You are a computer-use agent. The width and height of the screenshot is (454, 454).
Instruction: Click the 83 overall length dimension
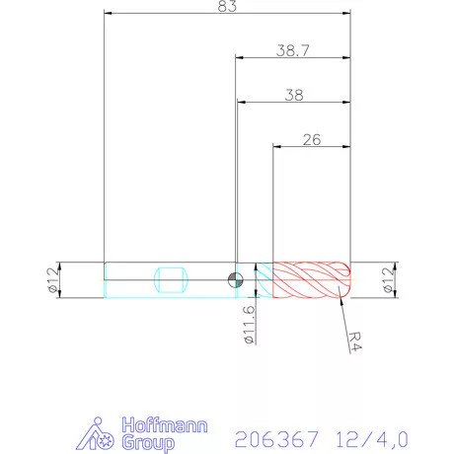[x=227, y=8]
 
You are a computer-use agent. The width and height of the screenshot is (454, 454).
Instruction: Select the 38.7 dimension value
[x=292, y=49]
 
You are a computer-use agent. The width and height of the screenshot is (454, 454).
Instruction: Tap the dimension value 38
[x=292, y=95]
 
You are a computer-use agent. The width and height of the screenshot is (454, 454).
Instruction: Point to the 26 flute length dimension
[x=312, y=139]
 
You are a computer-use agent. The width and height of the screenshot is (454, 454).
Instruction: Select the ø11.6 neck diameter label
[x=249, y=323]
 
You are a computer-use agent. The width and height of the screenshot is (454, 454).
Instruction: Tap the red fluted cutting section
[x=312, y=279]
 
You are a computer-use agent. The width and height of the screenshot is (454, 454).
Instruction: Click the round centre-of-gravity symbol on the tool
[x=233, y=279]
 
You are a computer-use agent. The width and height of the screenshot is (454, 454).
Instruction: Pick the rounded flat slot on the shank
[x=171, y=279]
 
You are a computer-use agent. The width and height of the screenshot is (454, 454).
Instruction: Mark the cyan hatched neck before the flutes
[x=264, y=279]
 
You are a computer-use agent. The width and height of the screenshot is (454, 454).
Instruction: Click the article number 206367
[x=272, y=435]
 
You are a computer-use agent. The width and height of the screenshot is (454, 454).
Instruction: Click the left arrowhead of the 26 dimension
[x=277, y=146]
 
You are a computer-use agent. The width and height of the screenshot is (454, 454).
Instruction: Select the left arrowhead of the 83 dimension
[x=108, y=15]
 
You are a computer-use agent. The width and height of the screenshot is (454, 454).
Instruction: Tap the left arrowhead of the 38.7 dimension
[x=238, y=57]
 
